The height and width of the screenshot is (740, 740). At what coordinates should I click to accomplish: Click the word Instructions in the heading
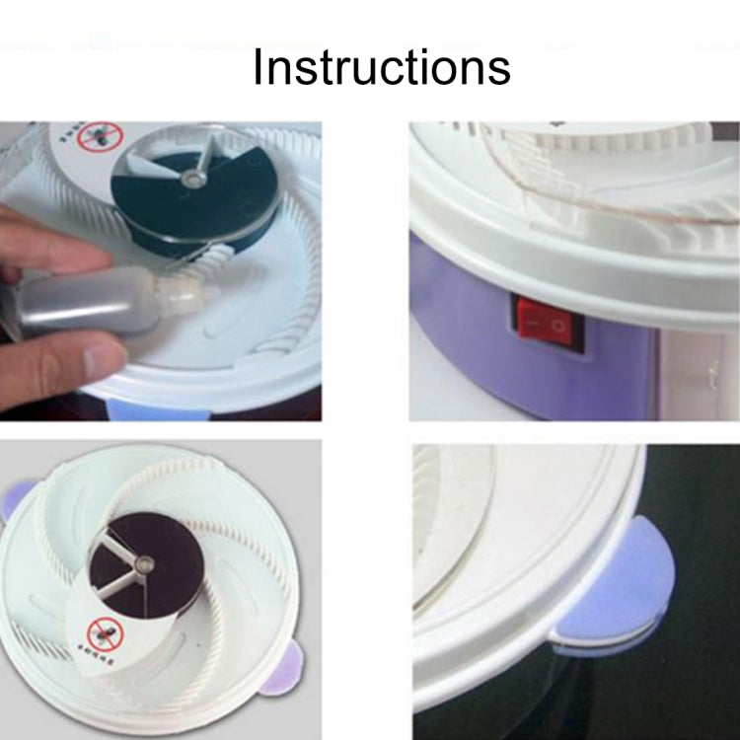pyautogui.click(x=381, y=67)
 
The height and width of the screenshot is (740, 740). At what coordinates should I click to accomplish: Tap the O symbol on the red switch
pyautogui.click(x=558, y=324)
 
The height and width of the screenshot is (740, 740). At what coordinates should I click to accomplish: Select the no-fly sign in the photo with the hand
pyautogui.click(x=99, y=138)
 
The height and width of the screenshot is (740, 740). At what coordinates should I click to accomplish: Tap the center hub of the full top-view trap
pyautogui.click(x=147, y=564)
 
